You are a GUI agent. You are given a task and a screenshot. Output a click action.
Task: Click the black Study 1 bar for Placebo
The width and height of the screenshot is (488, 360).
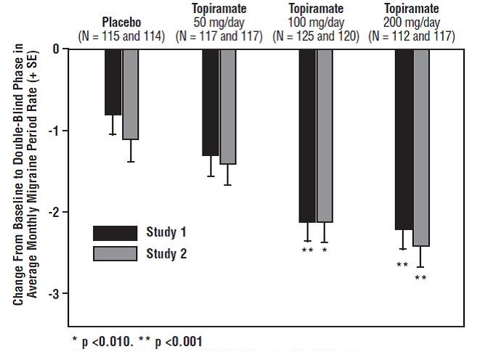pyautogui.click(x=113, y=81)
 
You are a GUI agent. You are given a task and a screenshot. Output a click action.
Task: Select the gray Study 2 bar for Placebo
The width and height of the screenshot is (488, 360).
pyautogui.click(x=130, y=94)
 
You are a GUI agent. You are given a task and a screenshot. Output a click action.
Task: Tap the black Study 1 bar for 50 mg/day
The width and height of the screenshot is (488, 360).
pyautogui.click(x=210, y=102)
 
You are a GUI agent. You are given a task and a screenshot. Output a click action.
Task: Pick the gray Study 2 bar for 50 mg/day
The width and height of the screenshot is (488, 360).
pyautogui.click(x=227, y=106)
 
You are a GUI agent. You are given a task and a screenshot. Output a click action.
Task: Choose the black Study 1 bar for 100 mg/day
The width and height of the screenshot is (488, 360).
pyautogui.click(x=307, y=135)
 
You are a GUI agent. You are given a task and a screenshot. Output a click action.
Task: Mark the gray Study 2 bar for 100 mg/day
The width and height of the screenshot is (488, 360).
pyautogui.click(x=325, y=135)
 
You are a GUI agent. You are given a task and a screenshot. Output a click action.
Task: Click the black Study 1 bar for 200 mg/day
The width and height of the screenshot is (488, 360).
pyautogui.click(x=404, y=139)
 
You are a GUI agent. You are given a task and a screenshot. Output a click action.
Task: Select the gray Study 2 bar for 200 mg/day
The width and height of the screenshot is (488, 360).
pyautogui.click(x=422, y=147)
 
